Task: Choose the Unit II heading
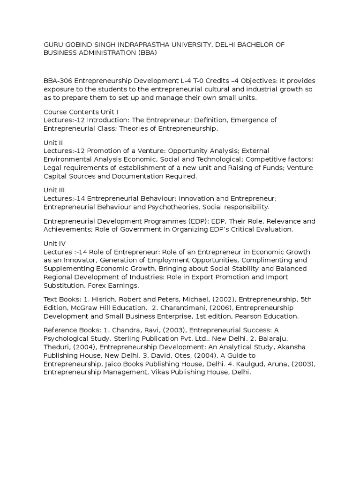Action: click(x=53, y=142)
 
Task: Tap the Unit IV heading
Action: click(x=54, y=243)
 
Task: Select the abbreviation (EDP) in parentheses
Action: click(x=180, y=221)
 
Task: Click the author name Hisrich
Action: click(x=101, y=300)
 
